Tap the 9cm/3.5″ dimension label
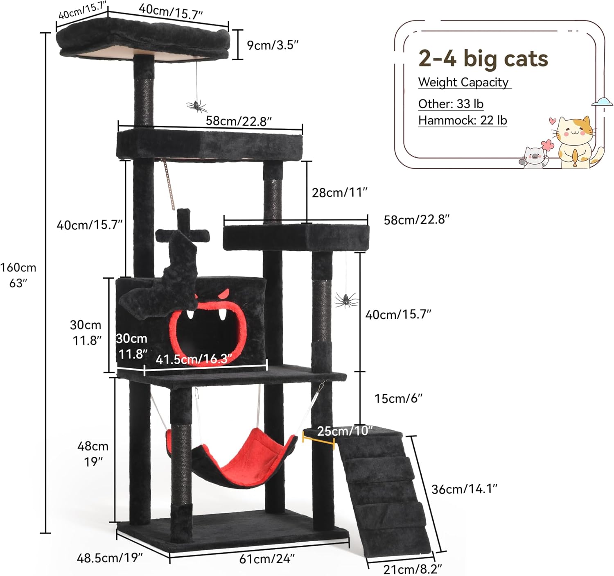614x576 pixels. tap(272, 45)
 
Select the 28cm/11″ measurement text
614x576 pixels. tap(339, 192)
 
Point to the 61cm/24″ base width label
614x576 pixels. tap(267, 558)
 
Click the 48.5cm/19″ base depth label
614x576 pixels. tap(110, 558)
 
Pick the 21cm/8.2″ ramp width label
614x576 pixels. tap(413, 569)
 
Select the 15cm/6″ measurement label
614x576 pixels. tap(398, 398)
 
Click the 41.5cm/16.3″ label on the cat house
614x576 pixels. tap(194, 359)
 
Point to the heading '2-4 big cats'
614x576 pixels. tap(483, 59)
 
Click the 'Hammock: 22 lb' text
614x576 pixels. tap(463, 120)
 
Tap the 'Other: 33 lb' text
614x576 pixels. tap(451, 104)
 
